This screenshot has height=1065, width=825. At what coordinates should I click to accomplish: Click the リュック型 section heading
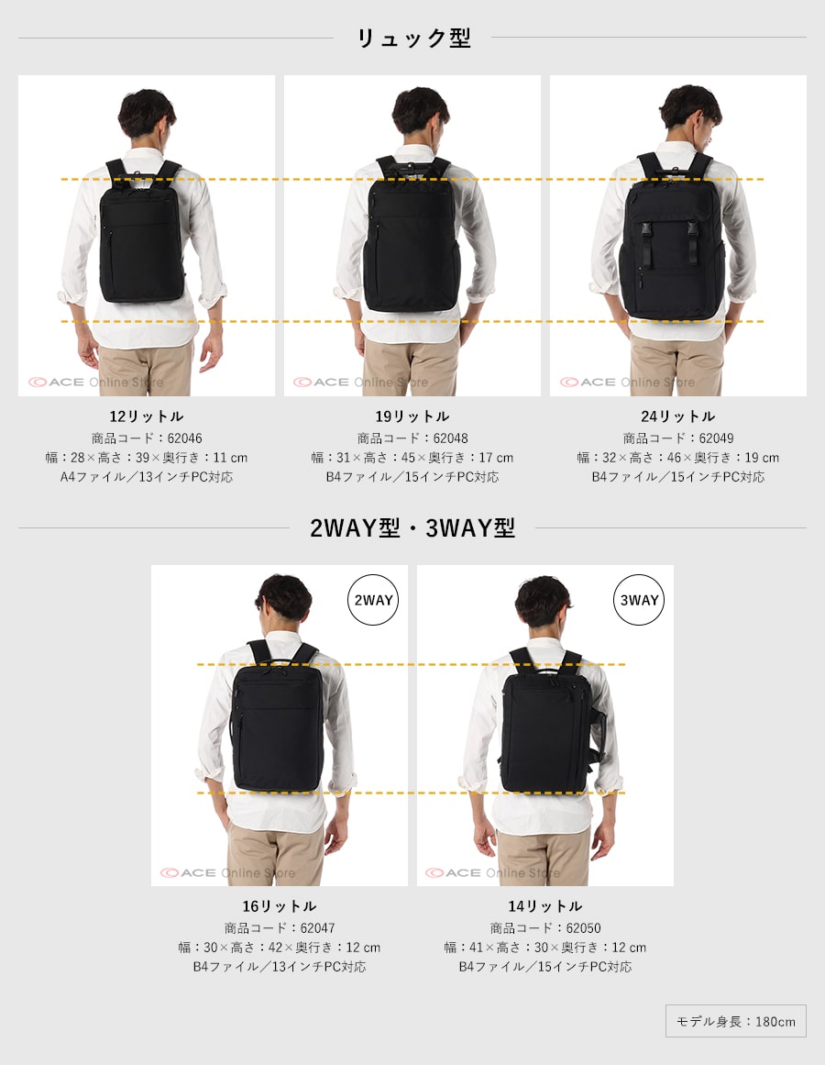tap(413, 38)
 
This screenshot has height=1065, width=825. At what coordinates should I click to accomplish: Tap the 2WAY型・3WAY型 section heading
tap(412, 527)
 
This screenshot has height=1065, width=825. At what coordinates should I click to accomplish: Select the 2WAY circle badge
tap(373, 600)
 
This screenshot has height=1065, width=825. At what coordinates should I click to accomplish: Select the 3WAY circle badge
tap(639, 600)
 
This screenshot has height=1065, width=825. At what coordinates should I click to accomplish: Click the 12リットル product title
tap(147, 416)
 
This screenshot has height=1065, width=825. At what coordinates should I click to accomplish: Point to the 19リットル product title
tap(412, 416)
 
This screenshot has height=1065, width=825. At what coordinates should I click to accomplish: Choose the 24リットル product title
tap(678, 416)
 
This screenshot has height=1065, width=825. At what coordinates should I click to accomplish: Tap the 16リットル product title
tap(280, 906)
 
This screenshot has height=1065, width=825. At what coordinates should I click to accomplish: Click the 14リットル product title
tap(545, 906)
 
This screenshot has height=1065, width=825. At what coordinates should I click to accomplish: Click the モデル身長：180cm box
tap(736, 1021)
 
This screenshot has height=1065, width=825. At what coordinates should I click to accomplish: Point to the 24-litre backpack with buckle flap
tap(672, 241)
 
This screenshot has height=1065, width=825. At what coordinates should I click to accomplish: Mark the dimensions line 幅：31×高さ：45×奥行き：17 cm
tap(412, 457)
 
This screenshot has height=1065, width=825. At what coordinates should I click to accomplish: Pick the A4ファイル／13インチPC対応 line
tap(147, 477)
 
